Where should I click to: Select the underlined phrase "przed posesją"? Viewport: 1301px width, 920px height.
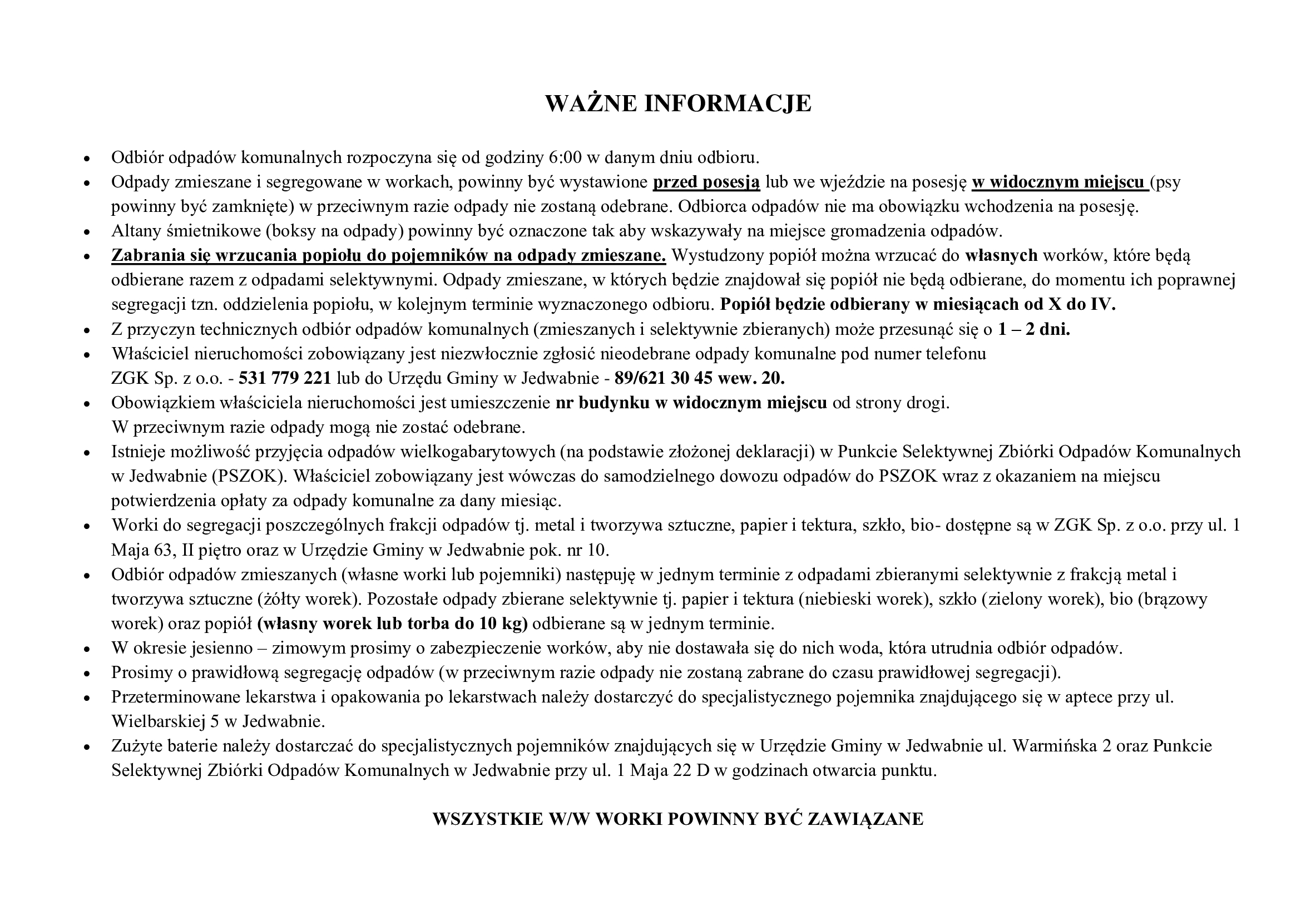(706, 182)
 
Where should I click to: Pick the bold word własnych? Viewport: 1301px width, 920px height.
(1001, 255)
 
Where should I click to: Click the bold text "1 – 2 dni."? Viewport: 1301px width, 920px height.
(1034, 329)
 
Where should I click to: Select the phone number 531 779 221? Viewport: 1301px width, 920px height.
(285, 378)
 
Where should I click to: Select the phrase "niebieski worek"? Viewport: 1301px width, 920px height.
(860, 600)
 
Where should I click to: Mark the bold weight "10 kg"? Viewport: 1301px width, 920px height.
(502, 624)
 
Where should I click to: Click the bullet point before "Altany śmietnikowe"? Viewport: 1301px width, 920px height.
(87, 233)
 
